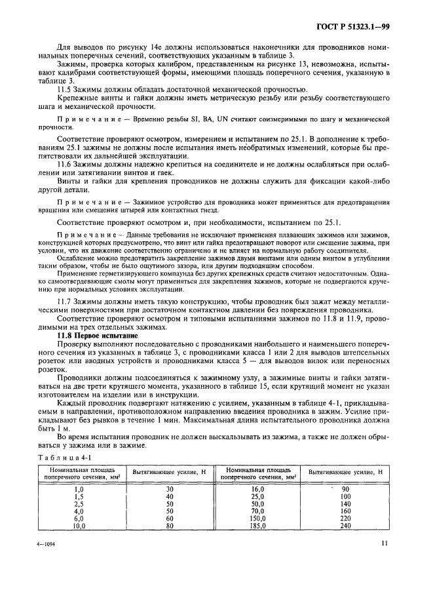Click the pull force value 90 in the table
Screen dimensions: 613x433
coord(347,489)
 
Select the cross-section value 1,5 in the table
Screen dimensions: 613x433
coord(79,496)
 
